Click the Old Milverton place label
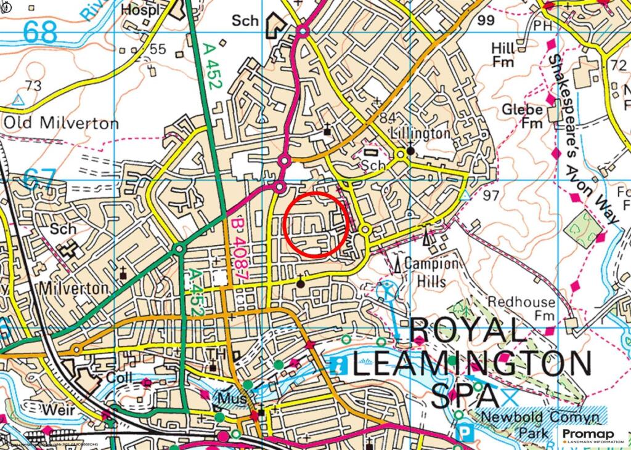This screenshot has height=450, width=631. [x=61, y=123]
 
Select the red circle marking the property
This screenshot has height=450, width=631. [x=317, y=224]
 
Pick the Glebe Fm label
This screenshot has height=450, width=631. [x=521, y=116]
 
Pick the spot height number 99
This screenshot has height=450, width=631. [x=486, y=20]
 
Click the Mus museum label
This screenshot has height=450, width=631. [x=231, y=398]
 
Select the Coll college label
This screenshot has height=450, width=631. [x=120, y=376]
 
